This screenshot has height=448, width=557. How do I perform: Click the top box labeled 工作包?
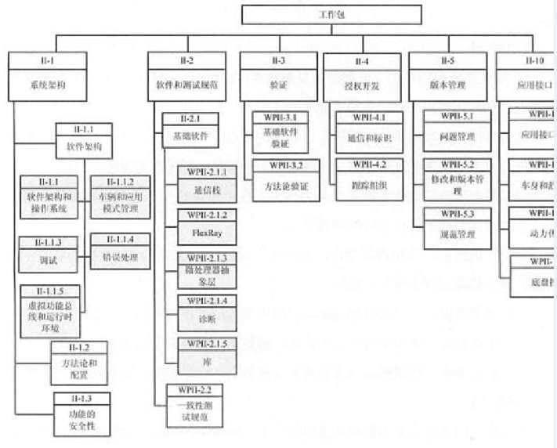(331, 14)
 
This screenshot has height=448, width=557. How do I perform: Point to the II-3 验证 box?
(278, 77)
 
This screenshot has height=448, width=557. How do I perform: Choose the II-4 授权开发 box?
(362, 77)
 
